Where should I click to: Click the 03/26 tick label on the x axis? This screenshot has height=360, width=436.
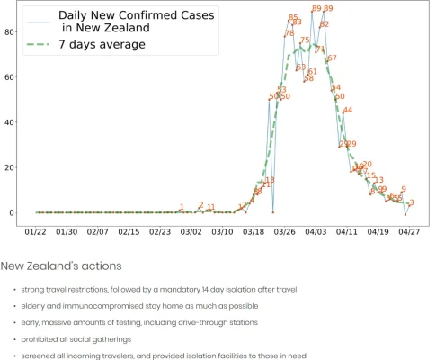[x=284, y=231]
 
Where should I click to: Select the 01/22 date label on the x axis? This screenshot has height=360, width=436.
[x=36, y=231]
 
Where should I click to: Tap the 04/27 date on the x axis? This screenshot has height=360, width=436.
[x=409, y=231]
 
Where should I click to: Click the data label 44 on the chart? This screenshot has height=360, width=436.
[x=347, y=110]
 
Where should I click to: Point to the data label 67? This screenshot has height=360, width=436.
[x=332, y=58]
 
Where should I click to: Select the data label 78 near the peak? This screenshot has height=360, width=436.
[x=289, y=34]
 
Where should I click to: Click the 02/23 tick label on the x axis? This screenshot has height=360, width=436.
[x=160, y=231]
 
